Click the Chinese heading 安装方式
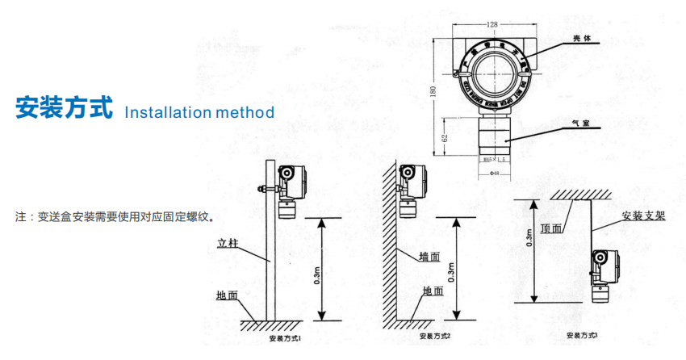click(x=64, y=109)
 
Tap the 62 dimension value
click(x=443, y=139)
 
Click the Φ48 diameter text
click(x=494, y=172)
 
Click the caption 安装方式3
click(x=583, y=334)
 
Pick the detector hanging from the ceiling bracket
click(x=600, y=274)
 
